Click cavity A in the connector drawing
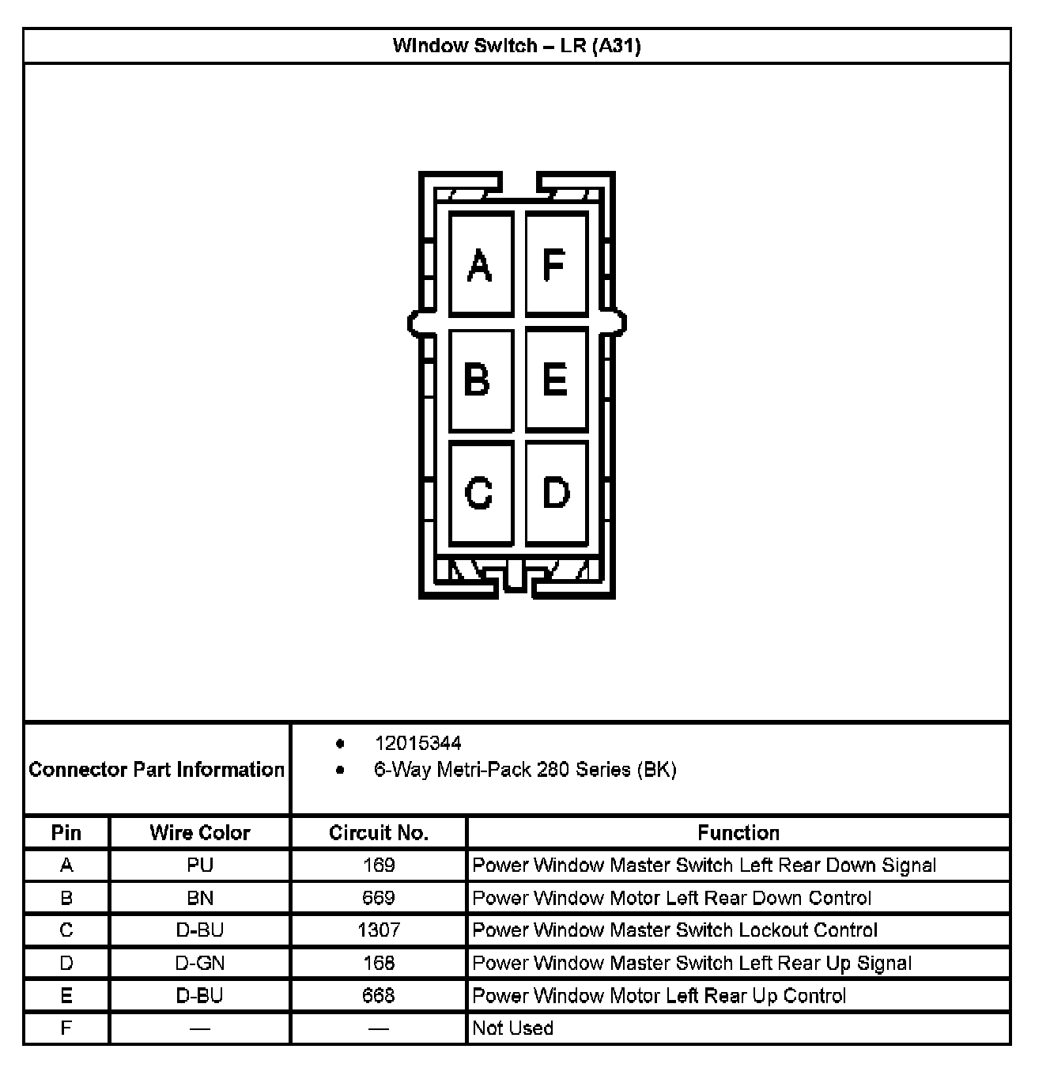pyautogui.click(x=480, y=265)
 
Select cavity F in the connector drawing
pyautogui.click(x=555, y=265)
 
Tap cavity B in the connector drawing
pyautogui.click(x=480, y=379)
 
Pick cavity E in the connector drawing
pyautogui.click(x=555, y=379)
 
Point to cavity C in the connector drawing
pyautogui.click(x=480, y=492)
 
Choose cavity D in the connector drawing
pyautogui.click(x=555, y=492)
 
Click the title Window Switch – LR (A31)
pyautogui.click(x=516, y=46)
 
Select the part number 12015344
pyautogui.click(x=417, y=743)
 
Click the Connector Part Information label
pyautogui.click(x=157, y=769)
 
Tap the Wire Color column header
pyautogui.click(x=200, y=832)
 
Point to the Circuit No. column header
pyautogui.click(x=378, y=832)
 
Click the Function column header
pyautogui.click(x=738, y=832)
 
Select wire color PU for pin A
pyautogui.click(x=200, y=865)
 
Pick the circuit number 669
pyautogui.click(x=378, y=897)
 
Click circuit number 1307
pyautogui.click(x=378, y=930)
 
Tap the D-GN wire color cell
pyautogui.click(x=200, y=963)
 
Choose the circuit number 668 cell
pyautogui.click(x=378, y=995)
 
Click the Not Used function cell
pyautogui.click(x=512, y=1028)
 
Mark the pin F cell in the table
pyautogui.click(x=66, y=1028)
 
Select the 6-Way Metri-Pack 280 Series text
pyautogui.click(x=525, y=769)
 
